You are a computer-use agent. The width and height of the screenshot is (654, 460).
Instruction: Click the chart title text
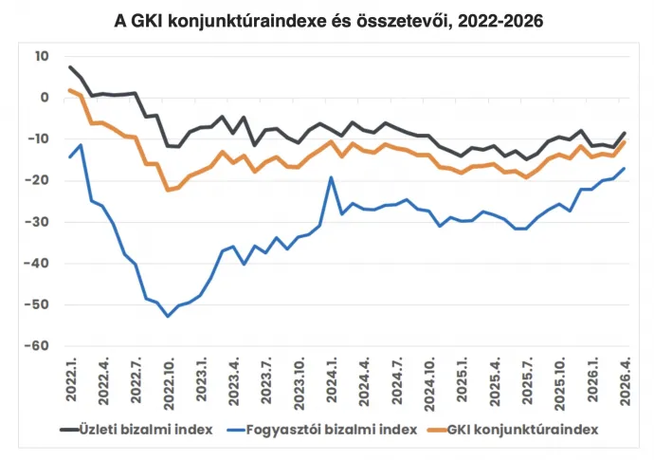(x=328, y=21)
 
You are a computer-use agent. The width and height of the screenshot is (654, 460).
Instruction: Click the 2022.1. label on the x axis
(x=71, y=380)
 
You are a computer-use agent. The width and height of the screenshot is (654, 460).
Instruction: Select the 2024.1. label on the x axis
(x=331, y=380)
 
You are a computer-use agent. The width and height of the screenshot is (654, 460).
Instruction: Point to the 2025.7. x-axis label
(x=526, y=380)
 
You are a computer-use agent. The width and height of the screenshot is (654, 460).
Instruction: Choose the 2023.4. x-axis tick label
(x=233, y=380)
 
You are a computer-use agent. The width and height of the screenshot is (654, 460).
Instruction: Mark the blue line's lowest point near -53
(x=168, y=316)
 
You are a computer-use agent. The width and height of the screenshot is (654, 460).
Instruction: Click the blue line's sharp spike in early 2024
(x=331, y=177)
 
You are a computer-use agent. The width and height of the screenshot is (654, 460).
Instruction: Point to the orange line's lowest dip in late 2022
(x=168, y=190)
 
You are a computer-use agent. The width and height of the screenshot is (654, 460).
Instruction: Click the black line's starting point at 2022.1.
(x=70, y=67)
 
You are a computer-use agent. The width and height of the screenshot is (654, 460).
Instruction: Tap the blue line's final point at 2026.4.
(x=624, y=169)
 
